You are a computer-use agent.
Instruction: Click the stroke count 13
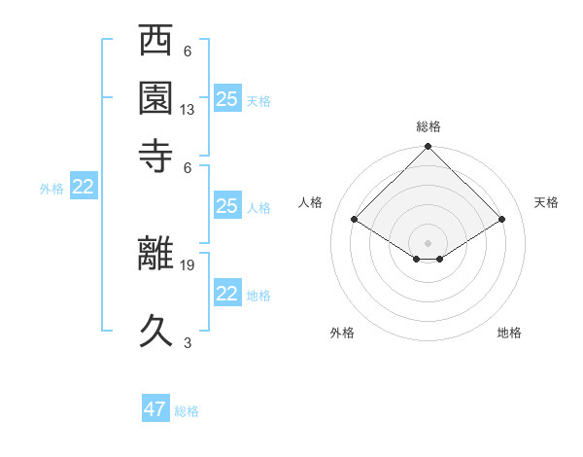pyautogui.click(x=188, y=110)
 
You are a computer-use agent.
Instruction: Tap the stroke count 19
pyautogui.click(x=188, y=264)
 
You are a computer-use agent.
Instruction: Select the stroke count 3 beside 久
pyautogui.click(x=188, y=341)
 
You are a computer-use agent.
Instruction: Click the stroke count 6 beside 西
pyautogui.click(x=188, y=51)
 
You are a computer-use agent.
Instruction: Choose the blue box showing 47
pyautogui.click(x=155, y=409)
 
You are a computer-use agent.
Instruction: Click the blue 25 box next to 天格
pyautogui.click(x=227, y=99)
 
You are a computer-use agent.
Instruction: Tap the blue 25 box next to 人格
pyautogui.click(x=227, y=206)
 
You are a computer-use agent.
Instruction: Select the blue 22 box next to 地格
pyautogui.click(x=227, y=294)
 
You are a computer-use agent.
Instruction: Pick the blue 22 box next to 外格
pyautogui.click(x=84, y=188)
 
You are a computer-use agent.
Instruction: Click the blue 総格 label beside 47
pyautogui.click(x=187, y=411)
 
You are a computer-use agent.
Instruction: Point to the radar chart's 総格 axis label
pyautogui.click(x=429, y=126)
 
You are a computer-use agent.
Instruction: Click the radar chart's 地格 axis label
pyautogui.click(x=509, y=333)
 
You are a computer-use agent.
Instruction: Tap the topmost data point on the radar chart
pyautogui.click(x=429, y=149)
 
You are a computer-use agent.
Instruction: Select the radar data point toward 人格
pyautogui.click(x=355, y=220)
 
